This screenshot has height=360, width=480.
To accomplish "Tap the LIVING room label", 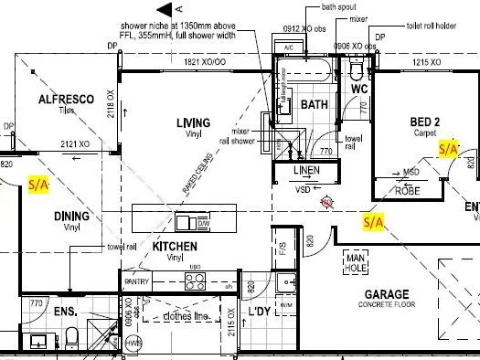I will point(193,122).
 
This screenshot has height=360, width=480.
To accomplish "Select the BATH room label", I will point(314,105).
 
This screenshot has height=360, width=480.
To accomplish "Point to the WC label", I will point(359,89).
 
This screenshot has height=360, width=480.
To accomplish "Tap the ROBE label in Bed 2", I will point(408,190).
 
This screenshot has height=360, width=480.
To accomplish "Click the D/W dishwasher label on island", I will point(204,223).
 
